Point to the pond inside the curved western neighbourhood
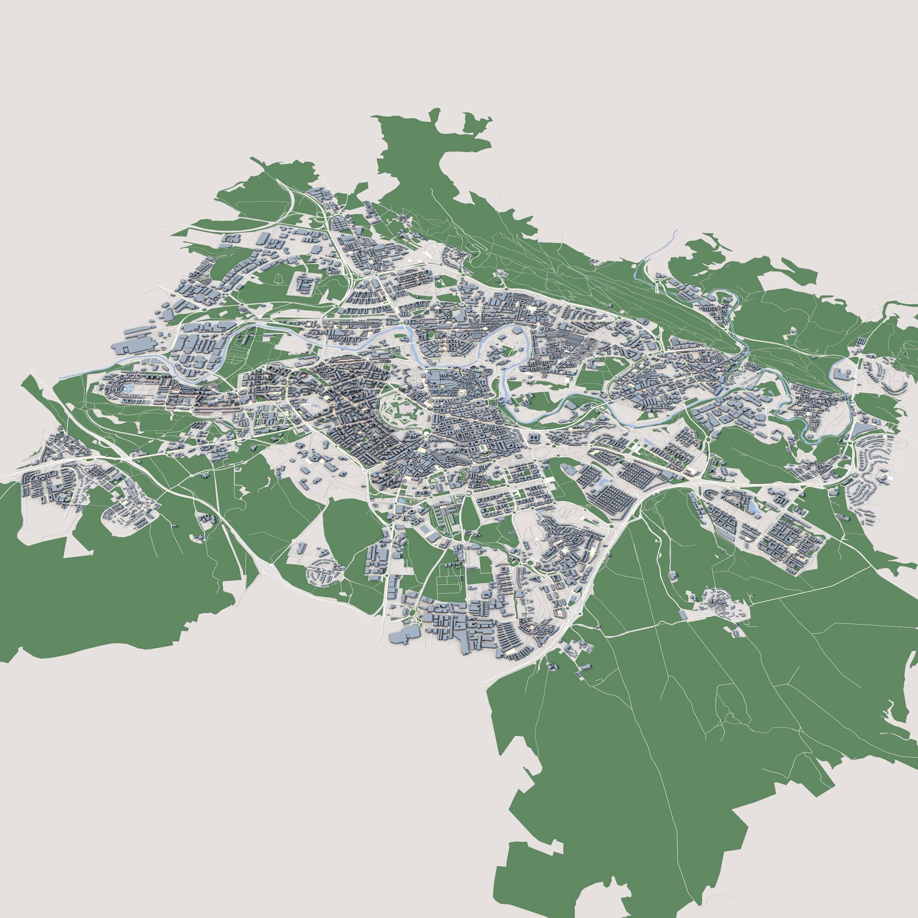click(127, 390)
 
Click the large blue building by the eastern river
click(841, 372)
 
